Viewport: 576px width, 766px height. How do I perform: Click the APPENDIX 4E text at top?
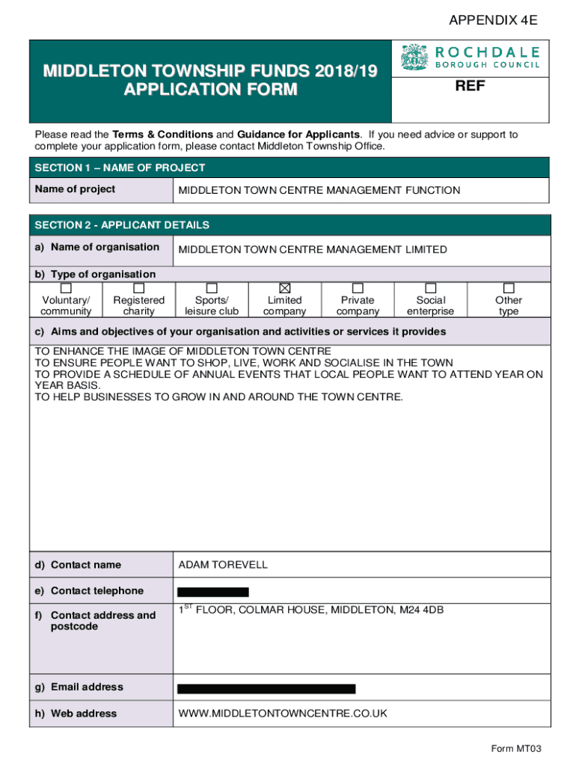click(x=492, y=21)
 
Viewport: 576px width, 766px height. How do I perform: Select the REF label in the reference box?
click(x=470, y=87)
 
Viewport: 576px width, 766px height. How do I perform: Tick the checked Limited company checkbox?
click(x=285, y=288)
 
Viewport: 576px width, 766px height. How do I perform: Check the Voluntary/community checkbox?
click(x=66, y=288)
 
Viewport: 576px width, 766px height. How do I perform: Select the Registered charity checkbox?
click(x=138, y=288)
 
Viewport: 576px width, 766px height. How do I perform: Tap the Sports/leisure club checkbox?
click(x=212, y=288)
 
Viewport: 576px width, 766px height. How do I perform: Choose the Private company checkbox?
click(x=358, y=288)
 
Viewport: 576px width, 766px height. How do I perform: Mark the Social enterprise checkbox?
click(x=430, y=288)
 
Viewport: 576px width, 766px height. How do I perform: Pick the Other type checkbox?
click(x=509, y=288)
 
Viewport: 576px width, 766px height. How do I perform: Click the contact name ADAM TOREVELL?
click(x=223, y=565)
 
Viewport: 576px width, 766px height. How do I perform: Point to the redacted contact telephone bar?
click(x=213, y=592)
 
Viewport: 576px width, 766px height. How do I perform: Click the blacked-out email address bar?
click(x=266, y=688)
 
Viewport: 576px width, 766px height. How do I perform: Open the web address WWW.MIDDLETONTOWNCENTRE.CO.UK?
click(x=283, y=714)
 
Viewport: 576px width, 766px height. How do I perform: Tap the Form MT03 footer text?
click(x=515, y=749)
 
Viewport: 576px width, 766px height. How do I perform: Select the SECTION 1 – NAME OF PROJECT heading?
click(x=120, y=168)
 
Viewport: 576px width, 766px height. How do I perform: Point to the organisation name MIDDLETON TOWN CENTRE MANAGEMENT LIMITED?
click(x=313, y=250)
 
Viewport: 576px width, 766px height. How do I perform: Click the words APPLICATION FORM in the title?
click(x=210, y=91)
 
